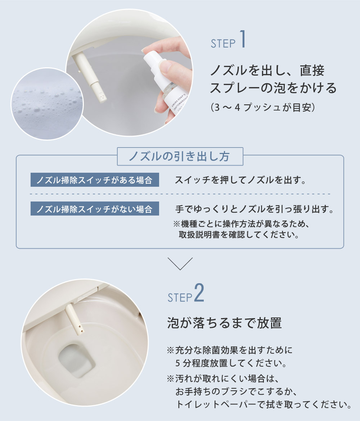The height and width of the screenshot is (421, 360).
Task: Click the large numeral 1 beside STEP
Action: coord(243,39)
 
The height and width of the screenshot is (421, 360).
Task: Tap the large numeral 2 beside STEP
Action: coord(199,293)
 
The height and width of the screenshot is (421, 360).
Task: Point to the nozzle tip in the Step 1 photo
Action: coord(102,98)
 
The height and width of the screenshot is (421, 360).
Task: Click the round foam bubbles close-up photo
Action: coord(47,104)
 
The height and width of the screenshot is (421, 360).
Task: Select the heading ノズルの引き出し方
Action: coord(179,156)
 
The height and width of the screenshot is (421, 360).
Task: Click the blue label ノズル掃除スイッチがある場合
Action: coord(95,180)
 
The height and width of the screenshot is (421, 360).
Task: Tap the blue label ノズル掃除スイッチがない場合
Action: coord(95,209)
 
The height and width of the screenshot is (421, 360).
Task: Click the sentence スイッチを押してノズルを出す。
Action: coord(240,180)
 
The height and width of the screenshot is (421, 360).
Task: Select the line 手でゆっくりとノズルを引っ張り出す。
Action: coord(255,209)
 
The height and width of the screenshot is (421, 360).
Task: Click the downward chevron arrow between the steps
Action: coord(180,263)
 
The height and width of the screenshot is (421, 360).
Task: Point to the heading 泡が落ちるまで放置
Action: coord(225,323)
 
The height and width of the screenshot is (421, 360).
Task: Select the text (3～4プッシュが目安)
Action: coord(263,107)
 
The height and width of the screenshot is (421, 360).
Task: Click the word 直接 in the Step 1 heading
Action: coord(312,71)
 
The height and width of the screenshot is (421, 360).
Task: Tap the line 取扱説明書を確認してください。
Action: coord(239,235)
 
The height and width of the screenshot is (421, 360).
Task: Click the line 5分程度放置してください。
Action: coord(231,363)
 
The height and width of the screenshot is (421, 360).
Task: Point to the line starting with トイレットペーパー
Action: coord(264,404)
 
